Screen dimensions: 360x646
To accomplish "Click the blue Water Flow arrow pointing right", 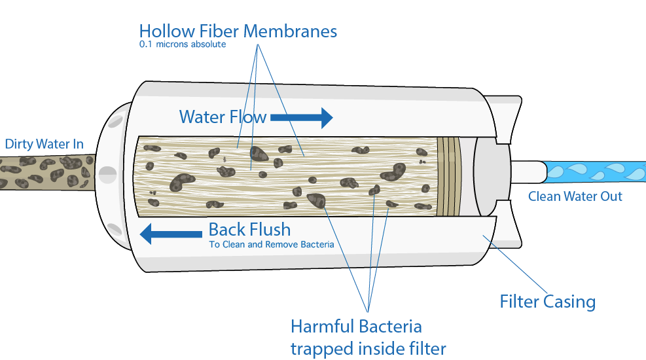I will pos(302,117).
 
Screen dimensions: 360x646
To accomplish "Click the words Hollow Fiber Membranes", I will pos(238,31).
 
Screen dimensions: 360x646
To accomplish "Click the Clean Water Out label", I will pos(575,196).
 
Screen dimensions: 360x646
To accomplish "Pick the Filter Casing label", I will pos(548,302).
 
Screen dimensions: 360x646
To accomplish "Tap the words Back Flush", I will pos(249,230).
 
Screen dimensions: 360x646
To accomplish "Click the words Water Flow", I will pos(223,117).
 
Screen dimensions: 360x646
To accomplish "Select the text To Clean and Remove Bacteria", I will pos(272,245).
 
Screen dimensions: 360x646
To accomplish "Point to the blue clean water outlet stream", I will pos(596,171).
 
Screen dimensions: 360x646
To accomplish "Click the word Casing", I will pos(570,302).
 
